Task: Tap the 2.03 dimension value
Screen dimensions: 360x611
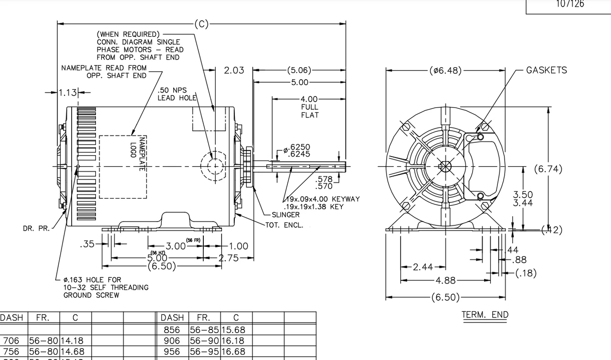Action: (234, 71)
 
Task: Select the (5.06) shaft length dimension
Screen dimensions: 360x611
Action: (299, 71)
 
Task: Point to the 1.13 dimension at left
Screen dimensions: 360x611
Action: (67, 93)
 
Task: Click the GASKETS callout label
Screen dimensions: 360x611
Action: (547, 70)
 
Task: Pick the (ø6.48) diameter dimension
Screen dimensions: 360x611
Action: (445, 71)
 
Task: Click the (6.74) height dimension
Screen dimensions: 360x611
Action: (548, 169)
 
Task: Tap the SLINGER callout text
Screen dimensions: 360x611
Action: (285, 215)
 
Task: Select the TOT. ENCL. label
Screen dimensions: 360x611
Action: (284, 225)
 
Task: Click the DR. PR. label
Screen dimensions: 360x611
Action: (36, 229)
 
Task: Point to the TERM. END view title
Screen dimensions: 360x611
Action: (485, 315)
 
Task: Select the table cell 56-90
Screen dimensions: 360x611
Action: (204, 341)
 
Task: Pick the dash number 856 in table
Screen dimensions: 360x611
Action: (172, 330)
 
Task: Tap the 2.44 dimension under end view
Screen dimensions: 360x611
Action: (423, 267)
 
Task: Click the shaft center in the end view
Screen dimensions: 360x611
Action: (445, 167)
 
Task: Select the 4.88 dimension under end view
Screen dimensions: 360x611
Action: (445, 280)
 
